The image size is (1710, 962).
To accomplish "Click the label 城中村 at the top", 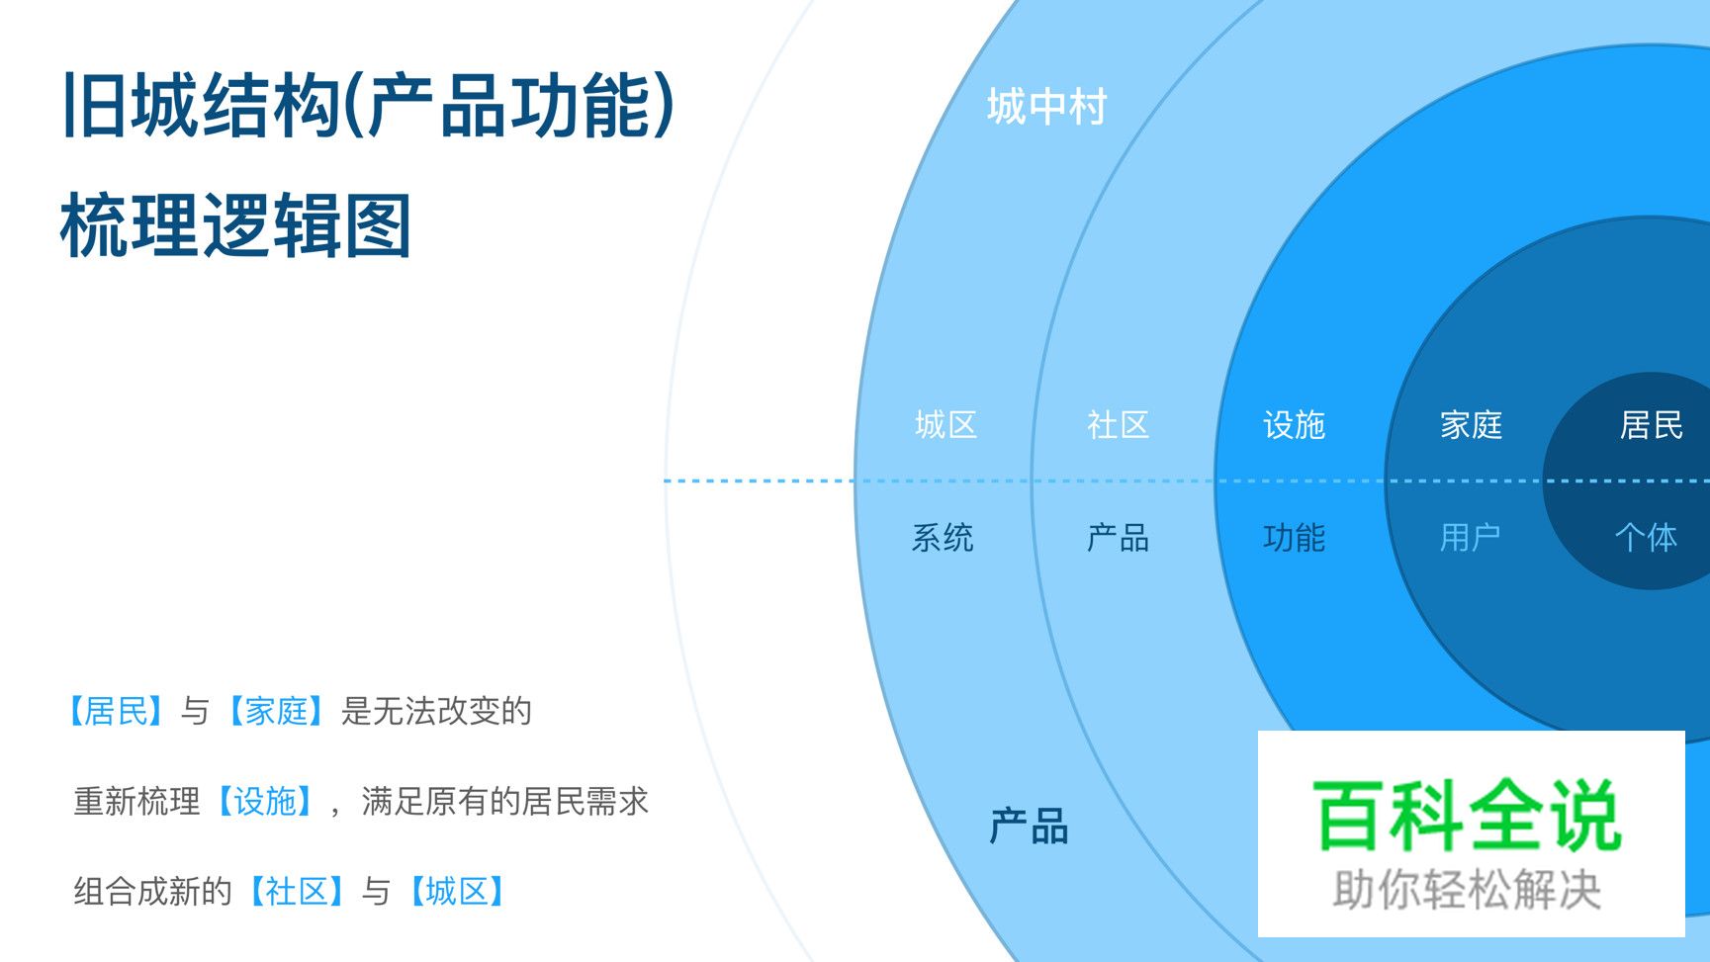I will [1046, 107].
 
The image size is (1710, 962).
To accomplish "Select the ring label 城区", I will [945, 425].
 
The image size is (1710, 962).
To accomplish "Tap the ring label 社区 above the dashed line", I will [1118, 425].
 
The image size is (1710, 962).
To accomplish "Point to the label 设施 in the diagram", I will [1294, 425].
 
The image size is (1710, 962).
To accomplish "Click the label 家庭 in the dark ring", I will [1471, 425].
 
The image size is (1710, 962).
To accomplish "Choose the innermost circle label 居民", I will [1651, 425].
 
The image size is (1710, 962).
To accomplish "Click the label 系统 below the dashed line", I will [943, 538].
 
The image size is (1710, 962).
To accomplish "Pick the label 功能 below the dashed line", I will [1294, 538].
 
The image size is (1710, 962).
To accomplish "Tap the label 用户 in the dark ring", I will [1470, 538].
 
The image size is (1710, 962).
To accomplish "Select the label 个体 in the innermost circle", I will [1646, 538].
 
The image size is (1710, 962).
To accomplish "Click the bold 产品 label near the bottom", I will [1030, 827].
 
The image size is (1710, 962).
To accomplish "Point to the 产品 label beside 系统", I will [1118, 538].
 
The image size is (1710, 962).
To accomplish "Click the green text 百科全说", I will [1468, 816].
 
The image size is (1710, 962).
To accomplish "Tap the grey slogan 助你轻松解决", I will [1467, 889].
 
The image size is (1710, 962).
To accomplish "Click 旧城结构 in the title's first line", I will [203, 106].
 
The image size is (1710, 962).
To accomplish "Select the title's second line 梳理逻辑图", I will [235, 226].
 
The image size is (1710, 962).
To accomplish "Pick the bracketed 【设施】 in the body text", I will [265, 801].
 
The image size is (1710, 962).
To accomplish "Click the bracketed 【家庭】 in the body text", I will [276, 711].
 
